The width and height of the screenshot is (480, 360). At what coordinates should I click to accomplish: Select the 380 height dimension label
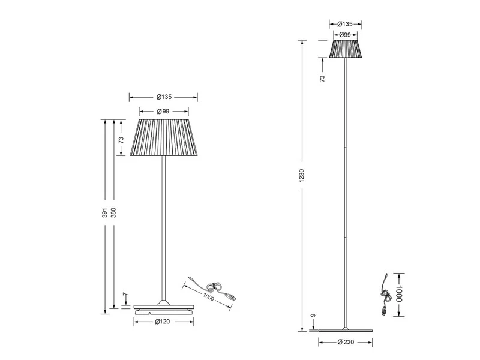pos(113,213)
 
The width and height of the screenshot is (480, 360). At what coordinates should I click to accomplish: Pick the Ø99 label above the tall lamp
pos(344,35)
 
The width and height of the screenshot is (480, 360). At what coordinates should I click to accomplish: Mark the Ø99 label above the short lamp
pos(163,111)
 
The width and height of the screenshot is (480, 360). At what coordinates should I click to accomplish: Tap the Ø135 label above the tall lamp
pos(344,24)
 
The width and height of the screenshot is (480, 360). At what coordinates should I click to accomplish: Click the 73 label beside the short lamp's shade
pos(121,139)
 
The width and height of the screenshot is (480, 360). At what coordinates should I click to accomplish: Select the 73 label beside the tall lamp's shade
pos(322,78)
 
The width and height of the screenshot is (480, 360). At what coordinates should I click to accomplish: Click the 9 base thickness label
pos(313,316)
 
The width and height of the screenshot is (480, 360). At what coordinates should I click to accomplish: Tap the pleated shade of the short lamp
pos(163,137)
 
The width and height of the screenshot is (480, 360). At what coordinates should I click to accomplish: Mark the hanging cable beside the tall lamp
pos(384,295)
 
